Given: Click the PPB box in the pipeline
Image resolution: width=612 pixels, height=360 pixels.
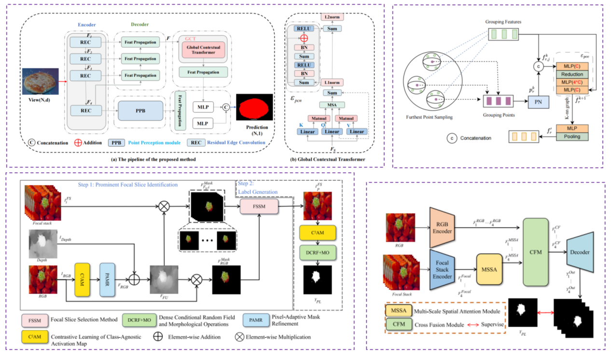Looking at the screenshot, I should point(140,111).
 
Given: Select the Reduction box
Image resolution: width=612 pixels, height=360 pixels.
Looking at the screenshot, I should point(572,74).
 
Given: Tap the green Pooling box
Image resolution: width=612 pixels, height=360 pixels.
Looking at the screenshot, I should point(572,137).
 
